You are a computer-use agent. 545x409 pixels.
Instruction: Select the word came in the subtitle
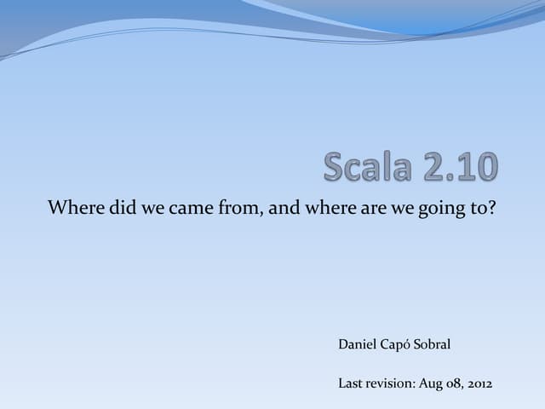tap(192, 207)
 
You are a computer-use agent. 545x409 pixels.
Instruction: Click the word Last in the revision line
tap(351, 383)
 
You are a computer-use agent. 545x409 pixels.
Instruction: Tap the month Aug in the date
tap(430, 384)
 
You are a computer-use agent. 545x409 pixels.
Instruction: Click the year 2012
tap(479, 383)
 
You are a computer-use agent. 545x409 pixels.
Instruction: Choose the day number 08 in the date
tap(454, 384)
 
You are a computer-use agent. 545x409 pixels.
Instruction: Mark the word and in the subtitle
tap(283, 207)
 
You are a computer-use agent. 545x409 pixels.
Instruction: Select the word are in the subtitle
tap(370, 207)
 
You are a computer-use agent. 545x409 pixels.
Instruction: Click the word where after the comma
tap(325, 207)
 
